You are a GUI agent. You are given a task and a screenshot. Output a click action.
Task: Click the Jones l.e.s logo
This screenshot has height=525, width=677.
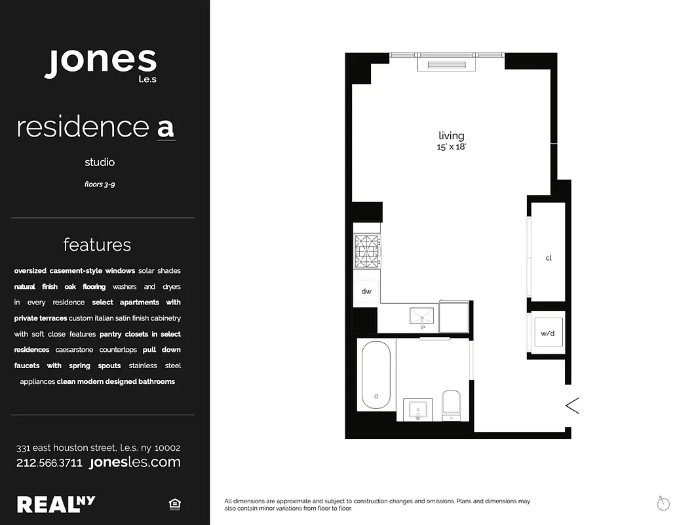101,64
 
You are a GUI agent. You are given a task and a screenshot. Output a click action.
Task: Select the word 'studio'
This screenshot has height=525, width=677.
100,162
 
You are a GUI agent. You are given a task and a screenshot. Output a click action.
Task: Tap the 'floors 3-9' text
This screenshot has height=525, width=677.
100,184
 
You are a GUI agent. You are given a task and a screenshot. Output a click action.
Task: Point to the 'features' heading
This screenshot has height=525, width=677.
97,245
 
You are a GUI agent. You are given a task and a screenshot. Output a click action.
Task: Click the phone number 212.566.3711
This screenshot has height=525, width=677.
49,463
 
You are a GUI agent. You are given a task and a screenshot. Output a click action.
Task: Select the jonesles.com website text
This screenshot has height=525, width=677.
134,463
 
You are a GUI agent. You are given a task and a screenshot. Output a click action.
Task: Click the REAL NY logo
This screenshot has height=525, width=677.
56,504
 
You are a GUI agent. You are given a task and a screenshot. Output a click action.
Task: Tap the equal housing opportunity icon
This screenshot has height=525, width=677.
174,504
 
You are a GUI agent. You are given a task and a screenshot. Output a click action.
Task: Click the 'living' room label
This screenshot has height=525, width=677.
452,136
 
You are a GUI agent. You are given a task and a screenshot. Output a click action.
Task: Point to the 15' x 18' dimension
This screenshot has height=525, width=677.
452,148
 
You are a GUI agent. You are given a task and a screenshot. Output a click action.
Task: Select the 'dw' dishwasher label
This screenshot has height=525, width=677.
366,291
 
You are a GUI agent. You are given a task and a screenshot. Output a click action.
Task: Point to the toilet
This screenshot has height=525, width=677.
452,404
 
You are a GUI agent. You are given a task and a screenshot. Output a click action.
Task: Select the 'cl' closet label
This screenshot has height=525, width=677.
549,258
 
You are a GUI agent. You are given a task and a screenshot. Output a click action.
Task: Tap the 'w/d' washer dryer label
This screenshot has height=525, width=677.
547,333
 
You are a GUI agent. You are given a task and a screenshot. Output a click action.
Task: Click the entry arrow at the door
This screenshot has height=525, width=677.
573,406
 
